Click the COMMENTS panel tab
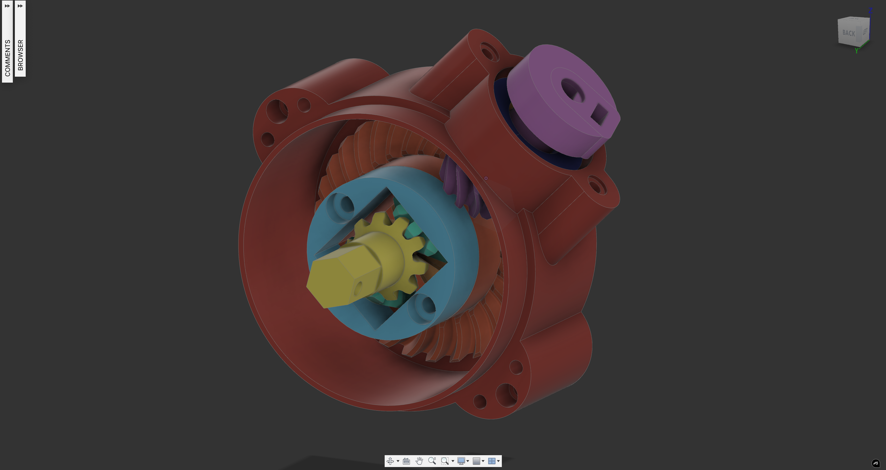[x=7, y=42]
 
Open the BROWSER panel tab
[x=20, y=39]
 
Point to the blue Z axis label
[x=870, y=11]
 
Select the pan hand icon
[x=419, y=461]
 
